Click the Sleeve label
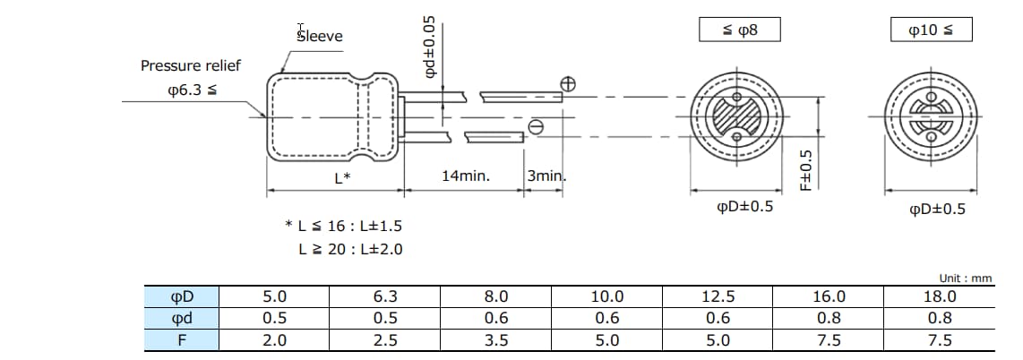320,36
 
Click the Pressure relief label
190,66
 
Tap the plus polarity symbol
567,84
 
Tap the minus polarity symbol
536,127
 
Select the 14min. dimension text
466,176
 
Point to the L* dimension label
342,177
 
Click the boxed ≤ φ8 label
739,30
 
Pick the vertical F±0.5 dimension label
805,169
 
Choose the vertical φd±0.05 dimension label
430,47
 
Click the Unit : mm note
966,279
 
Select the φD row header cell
182,296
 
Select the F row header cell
182,339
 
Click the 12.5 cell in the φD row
718,296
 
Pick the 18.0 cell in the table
940,296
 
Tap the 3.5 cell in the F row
496,339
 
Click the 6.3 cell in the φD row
385,296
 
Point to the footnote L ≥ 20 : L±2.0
350,249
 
